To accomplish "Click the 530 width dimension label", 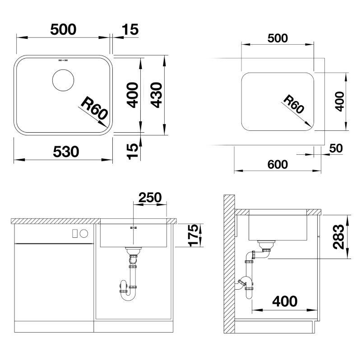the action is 66,152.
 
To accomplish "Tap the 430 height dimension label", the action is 157,95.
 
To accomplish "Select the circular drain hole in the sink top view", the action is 63,80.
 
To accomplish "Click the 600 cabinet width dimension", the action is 278,164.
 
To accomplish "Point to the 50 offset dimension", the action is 336,148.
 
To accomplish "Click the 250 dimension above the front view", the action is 150,197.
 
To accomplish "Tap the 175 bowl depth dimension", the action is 193,235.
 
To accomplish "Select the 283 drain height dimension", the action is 339,237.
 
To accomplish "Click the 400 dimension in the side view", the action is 285,301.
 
